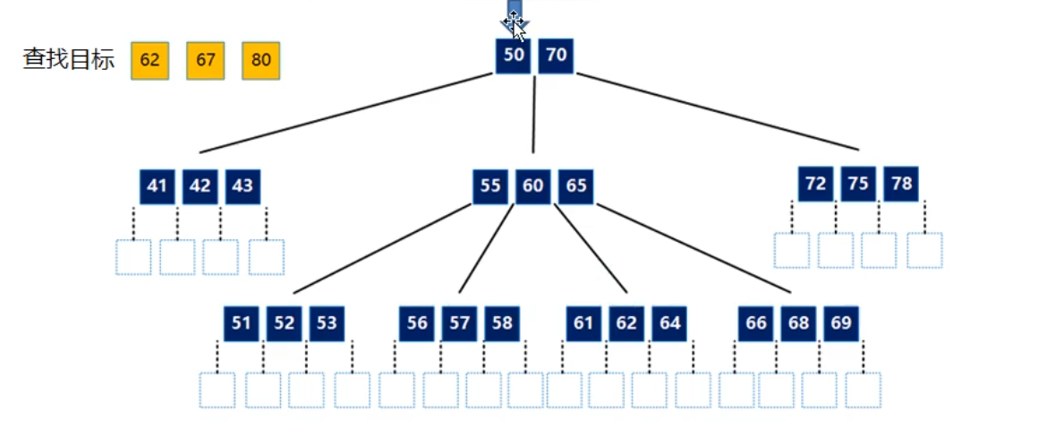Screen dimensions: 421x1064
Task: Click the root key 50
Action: pos(513,56)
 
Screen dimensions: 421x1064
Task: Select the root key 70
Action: pos(556,56)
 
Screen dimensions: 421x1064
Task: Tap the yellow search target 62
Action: pos(149,60)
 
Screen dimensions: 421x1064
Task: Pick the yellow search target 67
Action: pos(206,60)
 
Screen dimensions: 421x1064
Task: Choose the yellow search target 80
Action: pos(260,60)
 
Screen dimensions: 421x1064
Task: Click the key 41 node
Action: pos(157,186)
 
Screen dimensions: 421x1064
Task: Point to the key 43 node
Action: pos(243,186)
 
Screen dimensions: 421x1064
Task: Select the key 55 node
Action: pos(489,186)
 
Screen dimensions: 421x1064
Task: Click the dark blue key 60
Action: pos(532,186)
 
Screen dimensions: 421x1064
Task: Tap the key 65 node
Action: pos(576,186)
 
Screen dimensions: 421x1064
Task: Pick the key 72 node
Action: pos(815,184)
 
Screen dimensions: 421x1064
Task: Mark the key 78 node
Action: pos(901,184)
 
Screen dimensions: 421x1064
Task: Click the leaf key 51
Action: pos(241,323)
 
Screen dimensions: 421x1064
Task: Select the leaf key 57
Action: pos(460,323)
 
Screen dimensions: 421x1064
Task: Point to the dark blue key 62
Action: pos(626,323)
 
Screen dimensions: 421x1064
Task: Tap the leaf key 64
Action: pos(669,323)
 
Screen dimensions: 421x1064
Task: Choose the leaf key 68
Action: pos(798,323)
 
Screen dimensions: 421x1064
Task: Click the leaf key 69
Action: pos(841,323)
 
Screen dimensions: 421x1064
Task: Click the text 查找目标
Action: pos(68,60)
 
